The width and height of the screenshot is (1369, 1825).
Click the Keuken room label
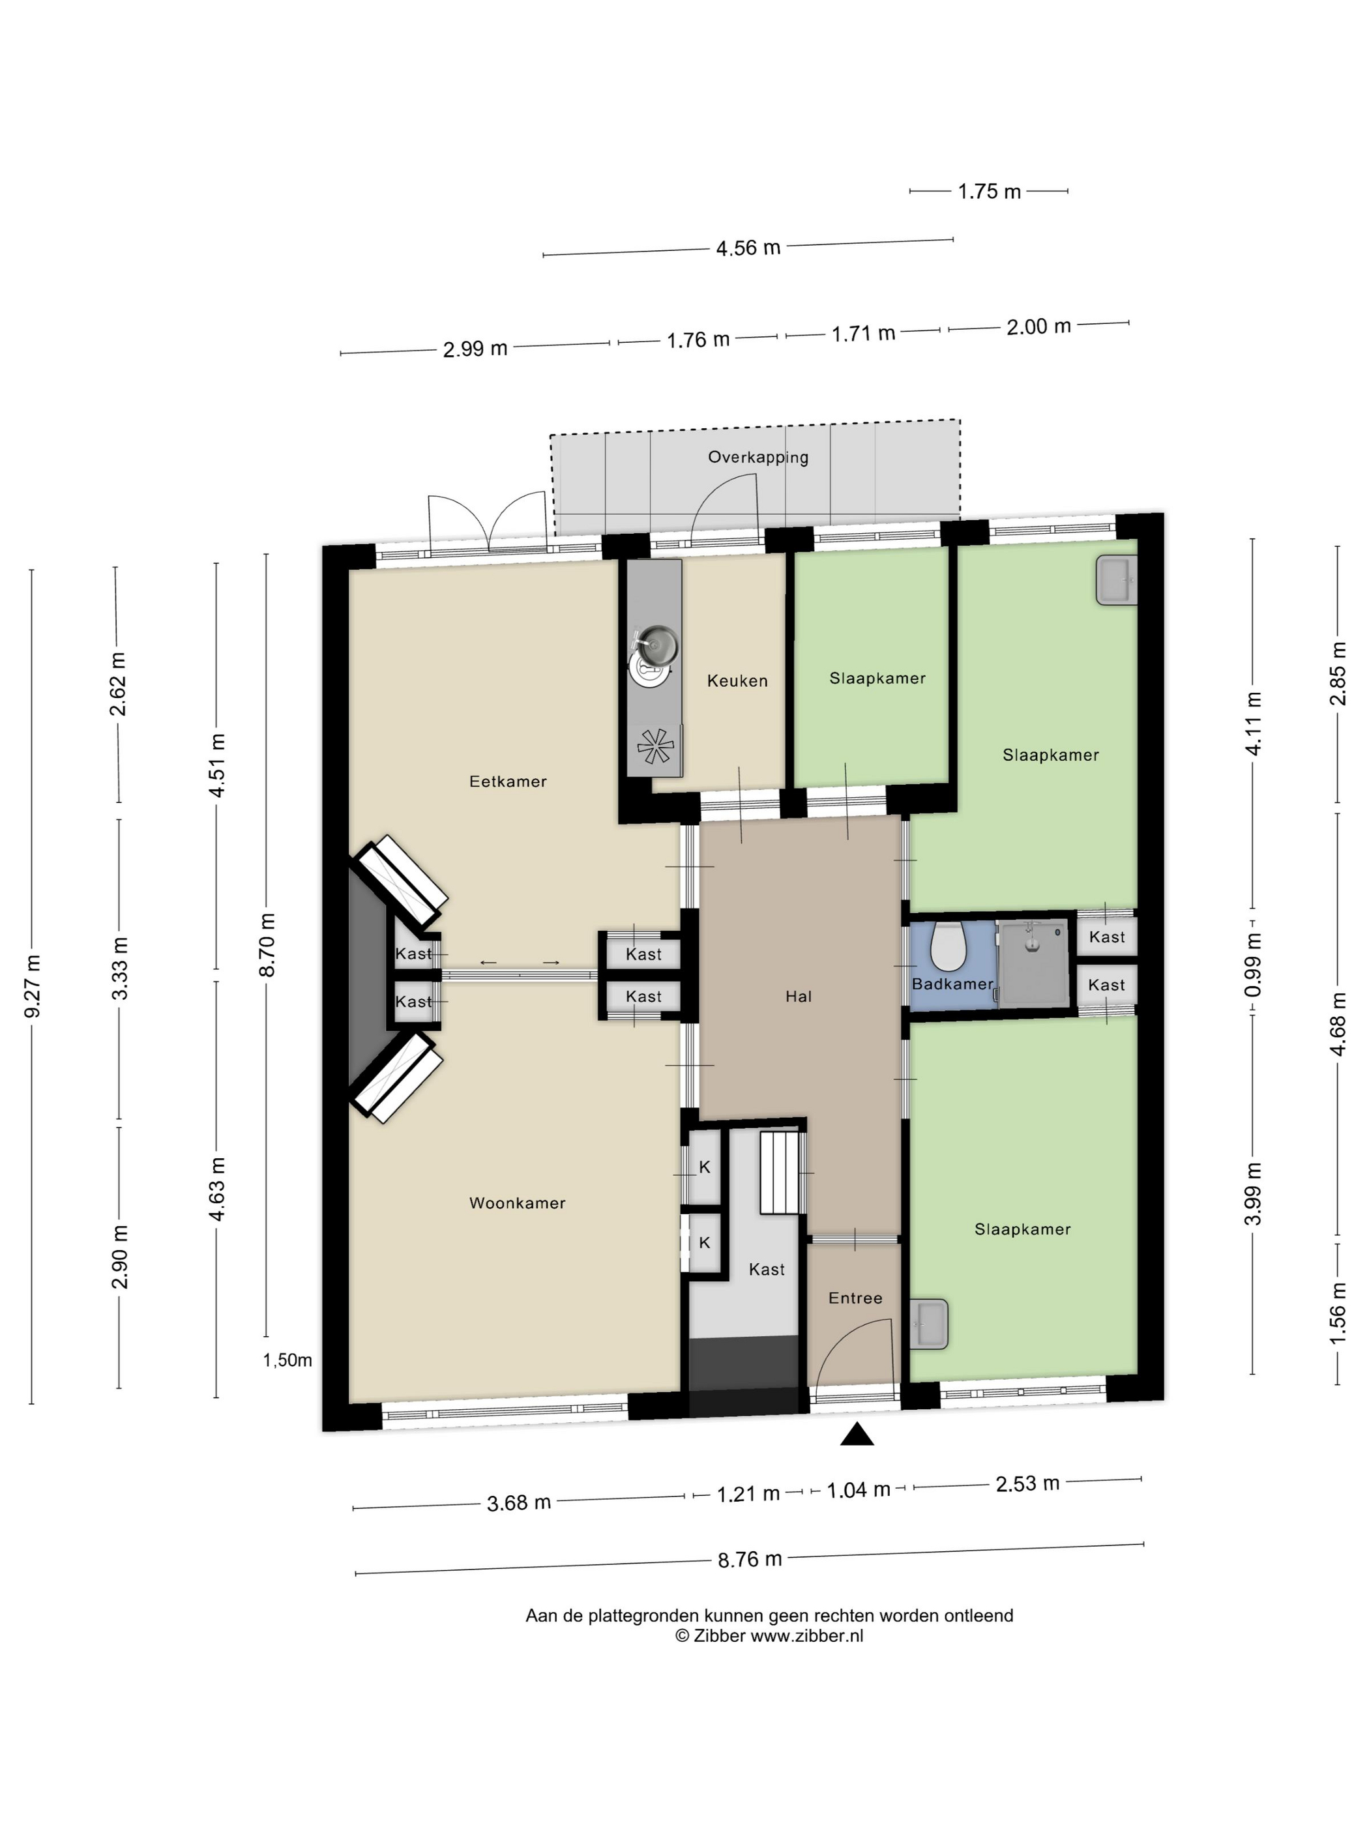[x=737, y=680]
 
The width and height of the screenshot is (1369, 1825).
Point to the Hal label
[x=798, y=997]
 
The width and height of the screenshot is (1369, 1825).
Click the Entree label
[x=855, y=1298]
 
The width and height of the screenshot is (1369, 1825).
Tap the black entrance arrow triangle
[x=857, y=1435]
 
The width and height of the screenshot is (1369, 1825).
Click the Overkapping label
[x=758, y=457]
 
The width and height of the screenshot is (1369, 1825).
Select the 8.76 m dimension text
[x=749, y=1559]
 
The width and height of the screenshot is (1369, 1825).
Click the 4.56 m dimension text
[x=748, y=248]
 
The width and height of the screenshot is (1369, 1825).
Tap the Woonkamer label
[x=518, y=1203]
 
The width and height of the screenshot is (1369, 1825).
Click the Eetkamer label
[x=507, y=781]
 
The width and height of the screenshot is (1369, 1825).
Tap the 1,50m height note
[x=287, y=1360]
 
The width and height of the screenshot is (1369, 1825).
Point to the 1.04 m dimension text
[x=858, y=1489]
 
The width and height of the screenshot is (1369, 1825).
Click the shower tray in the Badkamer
[x=1033, y=963]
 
